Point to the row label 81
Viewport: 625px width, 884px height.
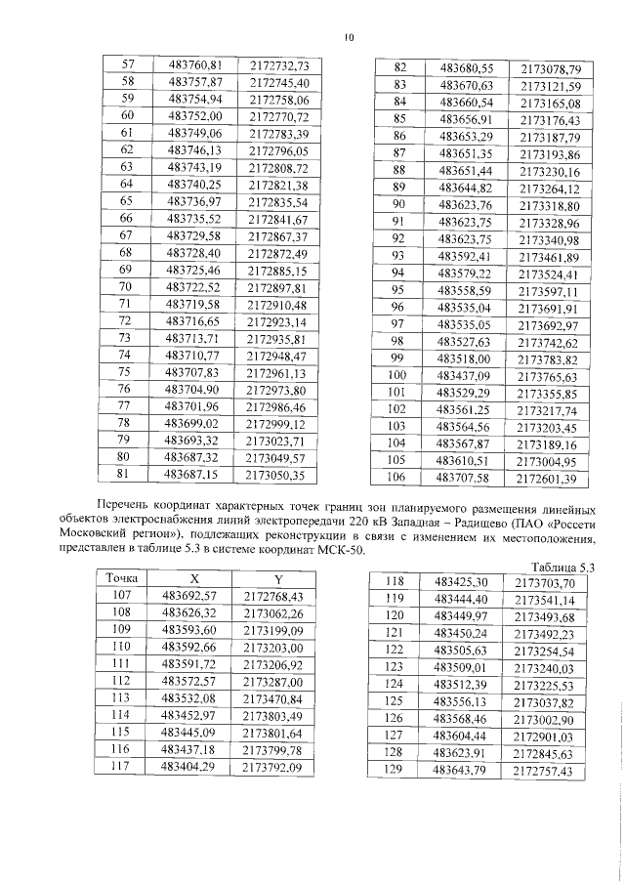[x=124, y=475]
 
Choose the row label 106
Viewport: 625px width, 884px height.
[x=397, y=479]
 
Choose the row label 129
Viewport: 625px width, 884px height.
[x=394, y=772]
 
